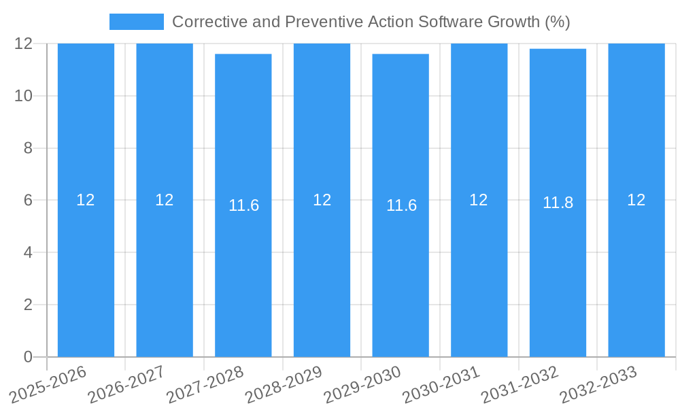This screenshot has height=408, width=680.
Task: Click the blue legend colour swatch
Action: click(136, 22)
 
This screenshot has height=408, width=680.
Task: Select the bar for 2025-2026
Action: click(86, 272)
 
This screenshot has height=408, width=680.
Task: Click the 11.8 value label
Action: click(558, 203)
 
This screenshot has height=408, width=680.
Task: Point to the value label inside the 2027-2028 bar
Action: click(243, 205)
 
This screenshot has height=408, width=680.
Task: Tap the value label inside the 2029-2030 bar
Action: click(401, 205)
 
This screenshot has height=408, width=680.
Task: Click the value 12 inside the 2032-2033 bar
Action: click(636, 200)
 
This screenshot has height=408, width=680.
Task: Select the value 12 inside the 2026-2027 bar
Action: click(164, 200)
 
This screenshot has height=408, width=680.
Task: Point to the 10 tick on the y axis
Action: click(24, 96)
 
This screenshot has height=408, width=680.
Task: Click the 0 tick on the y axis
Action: click(28, 357)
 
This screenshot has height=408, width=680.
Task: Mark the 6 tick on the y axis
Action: click(28, 201)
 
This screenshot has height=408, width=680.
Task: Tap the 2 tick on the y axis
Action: click(28, 305)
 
